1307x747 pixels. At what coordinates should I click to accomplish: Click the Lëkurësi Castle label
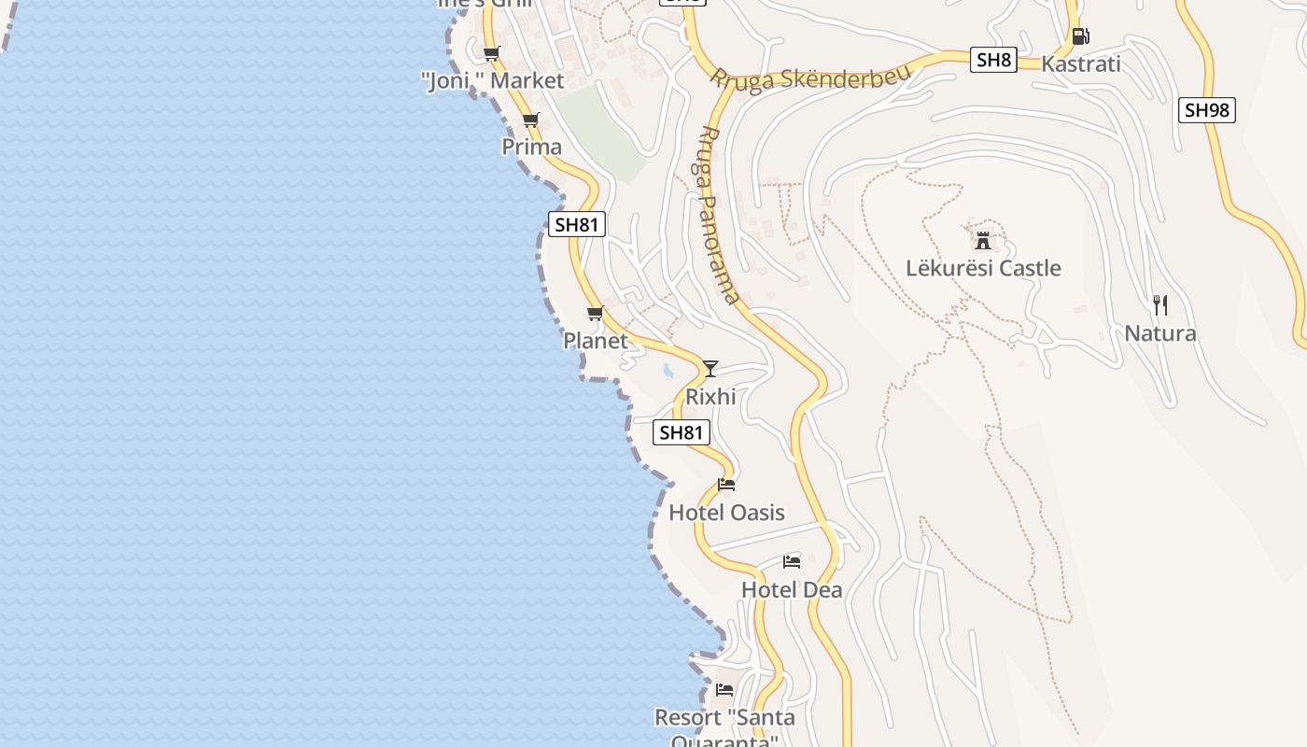983,268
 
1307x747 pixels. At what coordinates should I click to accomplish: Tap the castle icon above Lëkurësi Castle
983,240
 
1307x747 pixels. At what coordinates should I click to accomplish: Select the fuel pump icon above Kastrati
1080,36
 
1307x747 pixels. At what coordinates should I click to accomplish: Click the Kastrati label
1080,64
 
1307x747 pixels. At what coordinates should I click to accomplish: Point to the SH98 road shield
1206,110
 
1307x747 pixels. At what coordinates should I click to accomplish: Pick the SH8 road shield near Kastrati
992,61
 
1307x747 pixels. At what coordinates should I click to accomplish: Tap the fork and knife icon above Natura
1160,304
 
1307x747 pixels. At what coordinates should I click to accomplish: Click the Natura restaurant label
1160,333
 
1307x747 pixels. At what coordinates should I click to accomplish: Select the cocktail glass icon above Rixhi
710,368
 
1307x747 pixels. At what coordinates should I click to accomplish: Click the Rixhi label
710,397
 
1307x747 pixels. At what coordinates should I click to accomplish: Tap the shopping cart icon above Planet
595,313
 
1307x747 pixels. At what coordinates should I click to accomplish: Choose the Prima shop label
532,147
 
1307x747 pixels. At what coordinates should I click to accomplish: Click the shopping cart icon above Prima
531,120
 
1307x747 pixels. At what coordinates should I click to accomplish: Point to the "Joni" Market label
493,80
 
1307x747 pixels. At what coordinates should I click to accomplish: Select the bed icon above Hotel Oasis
726,485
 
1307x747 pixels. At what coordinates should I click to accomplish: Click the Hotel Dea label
792,590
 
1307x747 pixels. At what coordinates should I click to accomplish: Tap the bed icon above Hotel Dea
792,562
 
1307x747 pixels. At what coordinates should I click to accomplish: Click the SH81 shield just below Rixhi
681,432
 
